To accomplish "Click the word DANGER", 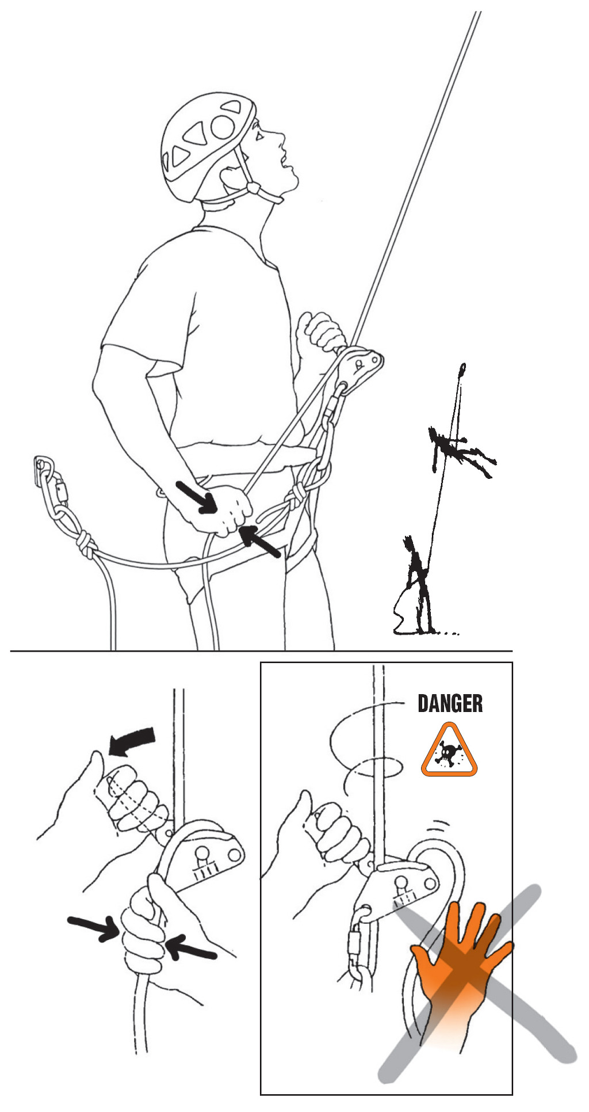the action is pos(450,703).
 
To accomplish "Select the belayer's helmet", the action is pos(207,147).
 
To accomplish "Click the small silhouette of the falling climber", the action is pos(460,450).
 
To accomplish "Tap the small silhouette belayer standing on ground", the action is pos(417,584).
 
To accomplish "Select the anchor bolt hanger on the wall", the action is pos(41,470).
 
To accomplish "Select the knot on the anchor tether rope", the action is pos(85,544).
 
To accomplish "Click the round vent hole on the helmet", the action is pos(223,127).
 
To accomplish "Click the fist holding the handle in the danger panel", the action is pos(336,829).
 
